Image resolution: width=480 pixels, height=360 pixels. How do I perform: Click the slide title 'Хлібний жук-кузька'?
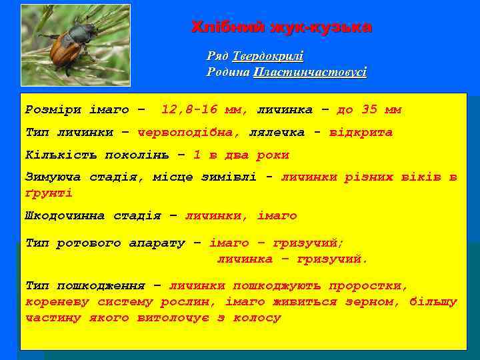(281, 27)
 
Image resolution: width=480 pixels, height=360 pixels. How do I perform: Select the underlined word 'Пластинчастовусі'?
(310, 72)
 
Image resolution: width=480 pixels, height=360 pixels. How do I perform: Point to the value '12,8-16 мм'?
(204, 109)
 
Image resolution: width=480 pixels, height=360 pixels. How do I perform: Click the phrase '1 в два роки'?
(241, 155)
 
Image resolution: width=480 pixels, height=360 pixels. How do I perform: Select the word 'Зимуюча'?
(53, 177)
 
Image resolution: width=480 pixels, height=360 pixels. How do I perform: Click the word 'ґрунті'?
(48, 193)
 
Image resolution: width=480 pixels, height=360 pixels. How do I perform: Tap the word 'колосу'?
(257, 317)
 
